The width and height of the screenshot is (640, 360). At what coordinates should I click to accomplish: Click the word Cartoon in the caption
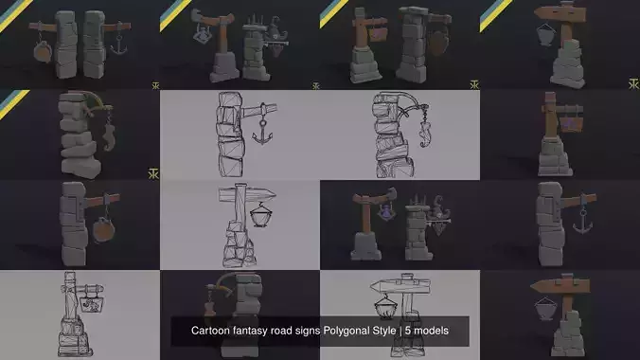click(x=213, y=331)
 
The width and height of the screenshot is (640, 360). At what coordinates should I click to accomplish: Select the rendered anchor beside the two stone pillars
click(x=119, y=45)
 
